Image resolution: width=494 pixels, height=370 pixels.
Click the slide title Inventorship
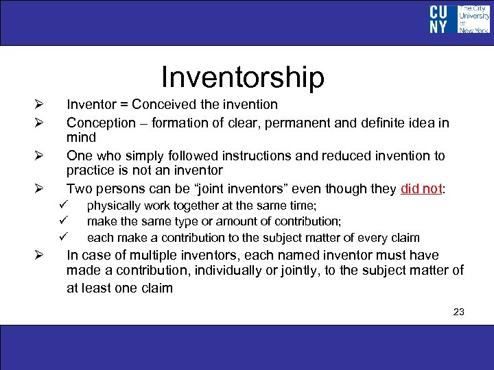[242, 77]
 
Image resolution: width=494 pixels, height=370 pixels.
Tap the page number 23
[459, 312]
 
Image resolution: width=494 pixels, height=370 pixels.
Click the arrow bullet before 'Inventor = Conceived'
[39, 105]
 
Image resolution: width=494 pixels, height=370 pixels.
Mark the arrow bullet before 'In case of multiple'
[39, 256]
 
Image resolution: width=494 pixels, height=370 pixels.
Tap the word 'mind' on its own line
[81, 137]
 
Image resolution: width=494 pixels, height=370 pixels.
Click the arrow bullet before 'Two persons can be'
[39, 188]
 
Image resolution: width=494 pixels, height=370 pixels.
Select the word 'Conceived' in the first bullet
[165, 105]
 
